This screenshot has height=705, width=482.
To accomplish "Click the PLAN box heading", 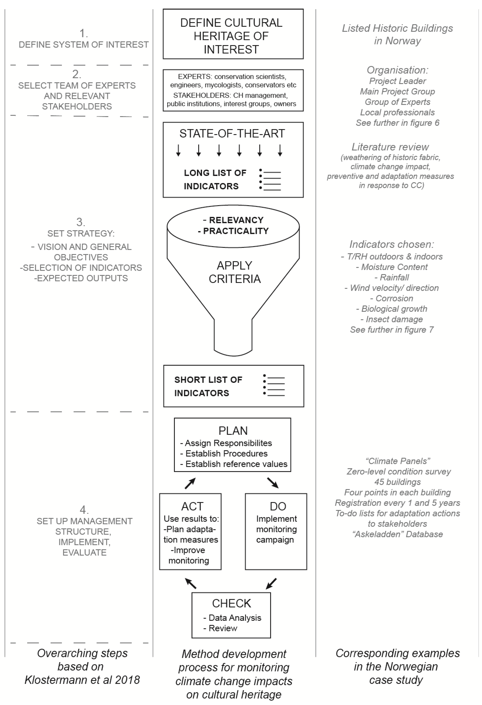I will pyautogui.click(x=233, y=431).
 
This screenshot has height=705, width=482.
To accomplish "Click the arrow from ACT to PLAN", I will pyautogui.click(x=190, y=483).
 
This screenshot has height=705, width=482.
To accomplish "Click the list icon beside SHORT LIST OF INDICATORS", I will pyautogui.click(x=274, y=385).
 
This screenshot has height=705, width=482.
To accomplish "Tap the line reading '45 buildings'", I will pyautogui.click(x=397, y=482).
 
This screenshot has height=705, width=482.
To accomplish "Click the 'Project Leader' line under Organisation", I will pyautogui.click(x=397, y=81).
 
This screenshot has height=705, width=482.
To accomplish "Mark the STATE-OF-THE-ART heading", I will pyautogui.click(x=232, y=133).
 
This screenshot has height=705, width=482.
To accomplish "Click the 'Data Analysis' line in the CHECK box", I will pyautogui.click(x=234, y=618).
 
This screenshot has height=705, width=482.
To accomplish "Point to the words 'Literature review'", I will pyautogui.click(x=390, y=147).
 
